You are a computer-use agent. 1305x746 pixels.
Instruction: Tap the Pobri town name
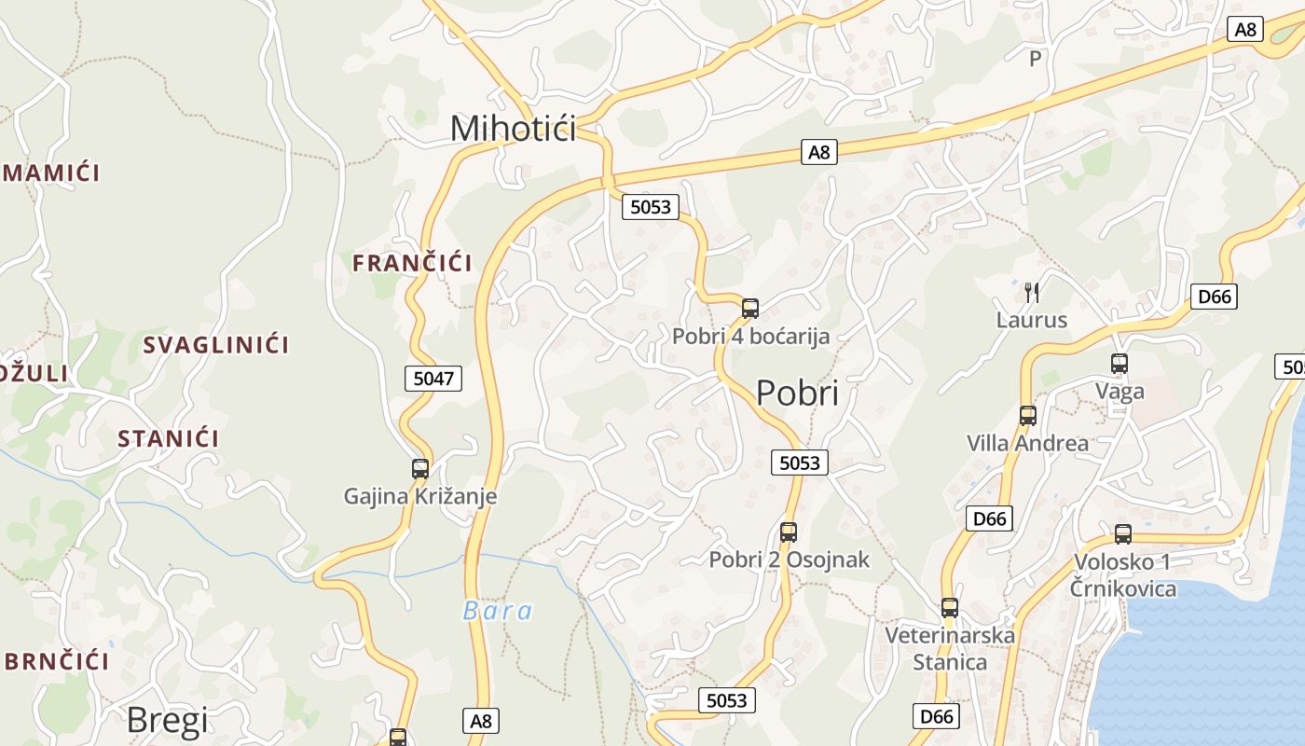pos(797,393)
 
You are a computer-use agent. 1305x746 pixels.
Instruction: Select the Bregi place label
pos(167,719)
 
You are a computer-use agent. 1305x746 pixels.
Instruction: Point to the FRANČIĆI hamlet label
pos(412,263)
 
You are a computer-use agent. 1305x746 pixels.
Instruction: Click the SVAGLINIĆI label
pos(215,345)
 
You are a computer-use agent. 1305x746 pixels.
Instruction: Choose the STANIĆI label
pos(169,438)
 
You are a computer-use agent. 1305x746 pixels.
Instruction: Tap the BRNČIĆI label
pos(56,661)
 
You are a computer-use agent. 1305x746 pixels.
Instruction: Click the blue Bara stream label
pos(498,611)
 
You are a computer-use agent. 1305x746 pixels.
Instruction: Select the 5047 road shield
pos(433,378)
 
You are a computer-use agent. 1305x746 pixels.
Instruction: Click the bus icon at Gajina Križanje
pos(420,468)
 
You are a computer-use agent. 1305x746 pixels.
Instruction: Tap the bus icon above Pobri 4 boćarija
pos(750,308)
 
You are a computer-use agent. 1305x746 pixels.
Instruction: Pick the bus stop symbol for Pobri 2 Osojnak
pos(789,532)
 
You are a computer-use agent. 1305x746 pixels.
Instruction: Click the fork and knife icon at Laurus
pos(1032,292)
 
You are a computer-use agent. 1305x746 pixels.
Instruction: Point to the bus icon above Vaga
pos(1120,364)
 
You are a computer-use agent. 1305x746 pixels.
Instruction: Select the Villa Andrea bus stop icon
pos(1027,416)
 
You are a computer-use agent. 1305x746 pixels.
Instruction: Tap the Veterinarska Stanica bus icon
pos(950,608)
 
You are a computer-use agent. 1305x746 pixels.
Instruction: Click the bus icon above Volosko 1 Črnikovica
pos(1123,534)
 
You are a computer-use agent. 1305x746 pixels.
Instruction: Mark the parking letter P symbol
pos(1034,59)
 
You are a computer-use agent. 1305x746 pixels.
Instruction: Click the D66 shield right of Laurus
pos(1215,297)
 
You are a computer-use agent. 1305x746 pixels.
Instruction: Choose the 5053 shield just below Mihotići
pos(651,207)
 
